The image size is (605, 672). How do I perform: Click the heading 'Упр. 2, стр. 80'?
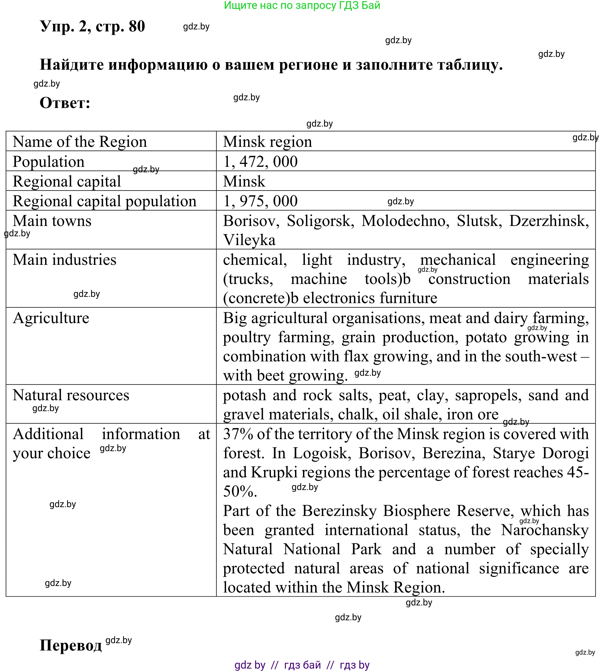click(93, 26)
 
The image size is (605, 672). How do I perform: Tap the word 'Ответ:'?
click(65, 103)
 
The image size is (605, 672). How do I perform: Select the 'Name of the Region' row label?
click(80, 142)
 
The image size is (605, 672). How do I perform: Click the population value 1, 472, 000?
click(260, 162)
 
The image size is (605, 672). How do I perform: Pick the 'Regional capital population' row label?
click(104, 201)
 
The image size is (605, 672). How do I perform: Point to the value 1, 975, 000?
click(260, 201)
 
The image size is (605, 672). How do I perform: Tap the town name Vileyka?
click(249, 240)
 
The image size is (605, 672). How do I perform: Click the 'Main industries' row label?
click(65, 260)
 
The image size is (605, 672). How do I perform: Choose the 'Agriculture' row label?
click(51, 318)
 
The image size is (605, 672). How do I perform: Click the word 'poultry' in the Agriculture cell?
click(247, 338)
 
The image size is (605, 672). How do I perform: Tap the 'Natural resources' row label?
click(71, 395)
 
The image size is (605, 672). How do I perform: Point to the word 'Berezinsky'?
click(339, 511)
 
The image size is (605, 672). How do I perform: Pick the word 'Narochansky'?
click(544, 530)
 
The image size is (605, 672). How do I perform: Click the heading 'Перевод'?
click(71, 645)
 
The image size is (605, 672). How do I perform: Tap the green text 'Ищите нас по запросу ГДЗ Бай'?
click(302, 5)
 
